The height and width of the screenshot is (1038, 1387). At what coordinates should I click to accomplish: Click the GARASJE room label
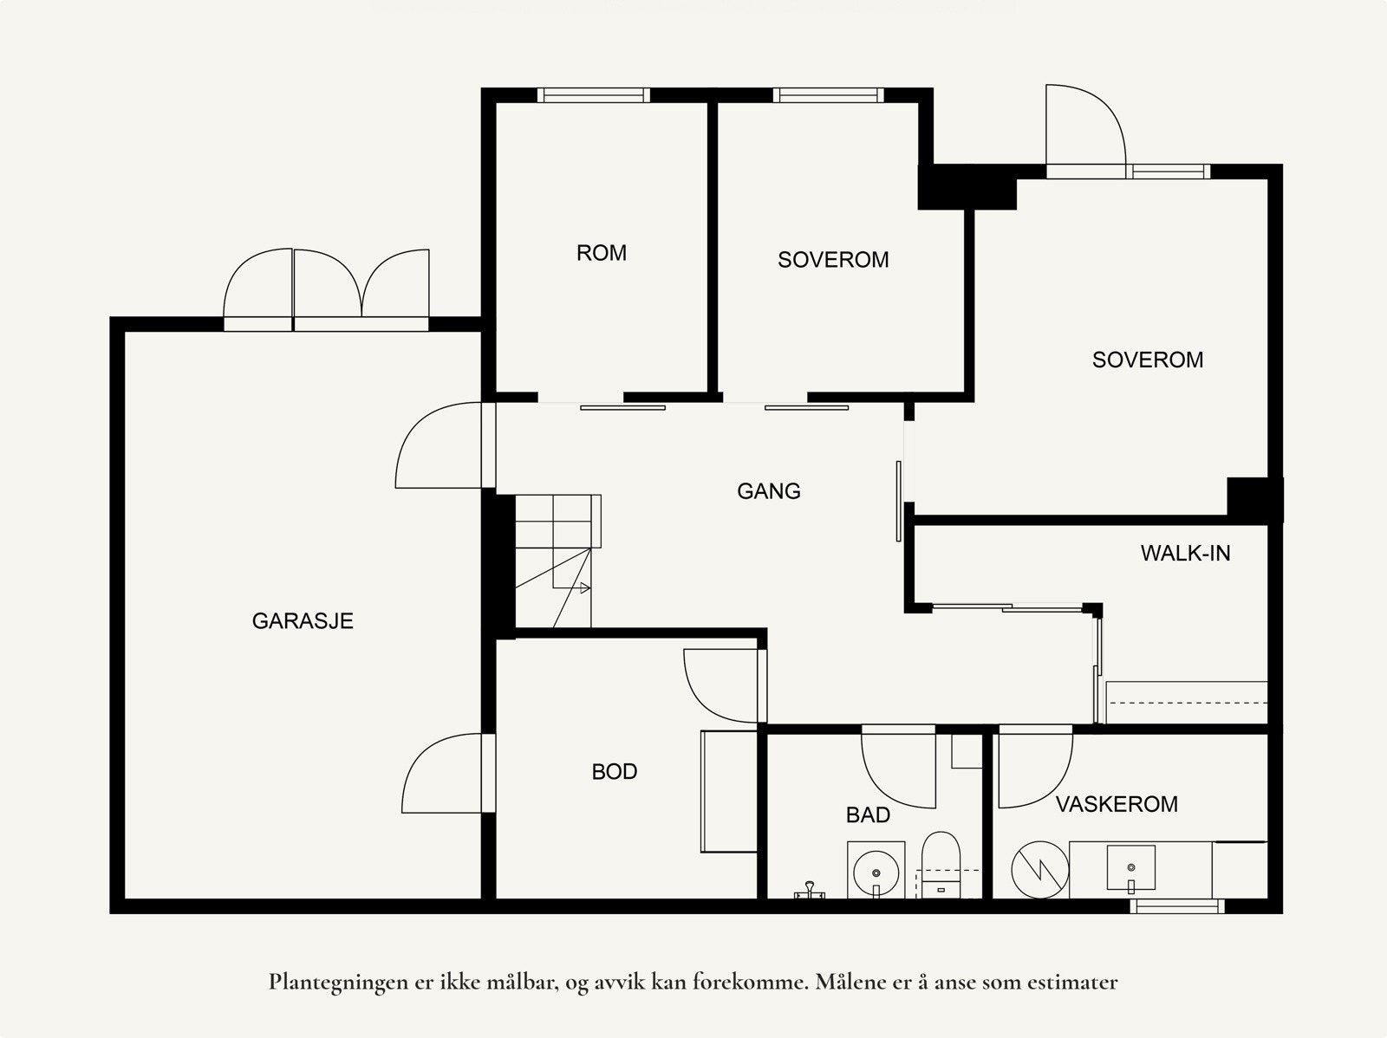(303, 621)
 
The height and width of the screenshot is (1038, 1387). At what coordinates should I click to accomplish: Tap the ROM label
(602, 253)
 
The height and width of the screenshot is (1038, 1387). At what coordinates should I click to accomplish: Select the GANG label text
(769, 491)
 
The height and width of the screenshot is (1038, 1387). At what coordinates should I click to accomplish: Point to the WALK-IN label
(1185, 554)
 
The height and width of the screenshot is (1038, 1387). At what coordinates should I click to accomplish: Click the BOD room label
(615, 771)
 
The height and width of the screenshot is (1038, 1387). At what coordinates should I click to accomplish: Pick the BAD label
(869, 815)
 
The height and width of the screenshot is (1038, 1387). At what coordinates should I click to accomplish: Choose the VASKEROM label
(1117, 804)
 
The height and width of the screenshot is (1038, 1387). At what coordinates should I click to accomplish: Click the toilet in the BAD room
(941, 865)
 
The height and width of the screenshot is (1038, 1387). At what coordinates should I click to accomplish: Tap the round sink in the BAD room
(876, 873)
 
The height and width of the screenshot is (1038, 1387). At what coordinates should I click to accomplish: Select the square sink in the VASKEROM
(1131, 868)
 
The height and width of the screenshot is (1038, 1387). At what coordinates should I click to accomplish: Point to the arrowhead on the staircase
(585, 588)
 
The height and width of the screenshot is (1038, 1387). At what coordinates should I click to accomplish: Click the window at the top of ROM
(593, 95)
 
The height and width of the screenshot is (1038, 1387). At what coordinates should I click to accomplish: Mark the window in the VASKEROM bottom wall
(1177, 906)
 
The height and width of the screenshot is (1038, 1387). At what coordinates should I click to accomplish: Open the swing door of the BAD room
(898, 767)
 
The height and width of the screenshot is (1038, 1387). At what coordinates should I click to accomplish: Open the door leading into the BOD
(725, 685)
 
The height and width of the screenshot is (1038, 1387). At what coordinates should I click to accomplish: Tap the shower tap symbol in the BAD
(810, 891)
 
